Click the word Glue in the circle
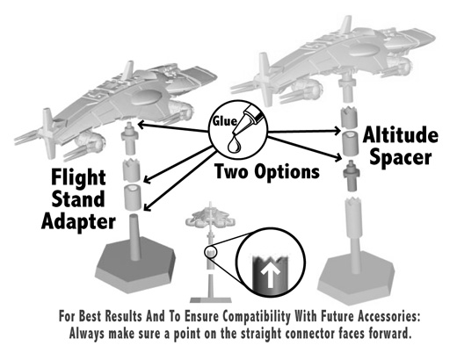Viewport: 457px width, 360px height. (225, 121)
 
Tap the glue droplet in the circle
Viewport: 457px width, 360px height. (235, 144)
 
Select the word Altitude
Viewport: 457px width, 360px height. (401, 135)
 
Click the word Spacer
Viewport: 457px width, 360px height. (400, 158)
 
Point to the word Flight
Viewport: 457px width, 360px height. (78, 177)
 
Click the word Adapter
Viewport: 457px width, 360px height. (78, 222)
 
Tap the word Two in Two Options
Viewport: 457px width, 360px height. (231, 171)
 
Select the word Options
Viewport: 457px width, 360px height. (287, 171)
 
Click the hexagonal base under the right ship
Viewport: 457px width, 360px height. (356, 282)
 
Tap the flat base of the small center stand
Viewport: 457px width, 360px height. (211, 299)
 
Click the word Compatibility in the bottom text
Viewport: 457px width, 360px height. (257, 317)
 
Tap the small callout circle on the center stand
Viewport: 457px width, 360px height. (211, 253)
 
